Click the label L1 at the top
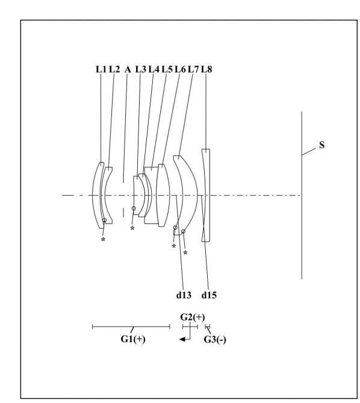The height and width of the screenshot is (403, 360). (x=101, y=69)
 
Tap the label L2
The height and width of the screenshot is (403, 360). (x=114, y=69)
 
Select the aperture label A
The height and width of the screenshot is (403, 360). (x=128, y=69)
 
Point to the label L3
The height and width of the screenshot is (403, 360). (x=141, y=69)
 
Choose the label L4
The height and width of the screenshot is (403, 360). (x=154, y=69)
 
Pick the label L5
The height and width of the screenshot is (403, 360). (x=167, y=69)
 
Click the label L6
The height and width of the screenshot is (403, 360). (x=180, y=69)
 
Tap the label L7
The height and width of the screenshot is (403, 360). (x=193, y=69)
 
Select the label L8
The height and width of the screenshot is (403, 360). (x=206, y=69)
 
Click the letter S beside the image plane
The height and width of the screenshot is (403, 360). (x=321, y=145)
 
